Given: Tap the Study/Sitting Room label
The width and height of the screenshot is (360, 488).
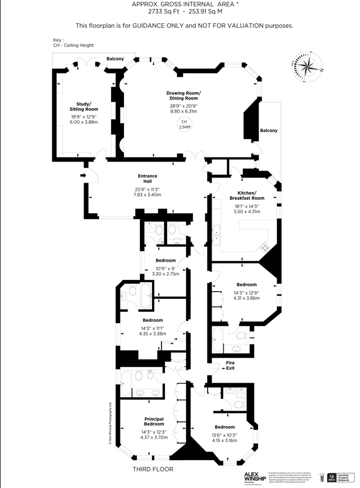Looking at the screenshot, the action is point(84,106).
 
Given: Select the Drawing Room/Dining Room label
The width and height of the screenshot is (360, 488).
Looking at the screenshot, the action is point(183,96).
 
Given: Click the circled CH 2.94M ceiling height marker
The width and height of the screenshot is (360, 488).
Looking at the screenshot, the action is point(184,125).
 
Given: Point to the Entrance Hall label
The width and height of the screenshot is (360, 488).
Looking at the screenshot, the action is point(147,179).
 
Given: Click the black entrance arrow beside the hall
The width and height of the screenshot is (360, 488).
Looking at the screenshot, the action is point(83,176).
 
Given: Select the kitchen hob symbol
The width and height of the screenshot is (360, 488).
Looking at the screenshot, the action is point(265,247).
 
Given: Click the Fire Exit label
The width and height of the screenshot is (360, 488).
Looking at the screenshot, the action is point(230,365).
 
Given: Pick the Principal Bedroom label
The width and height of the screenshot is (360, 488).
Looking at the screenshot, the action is point(154,421).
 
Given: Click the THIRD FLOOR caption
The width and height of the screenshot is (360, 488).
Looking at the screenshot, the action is point(153,469).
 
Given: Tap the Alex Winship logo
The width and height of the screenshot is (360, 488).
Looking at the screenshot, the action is point(255,475).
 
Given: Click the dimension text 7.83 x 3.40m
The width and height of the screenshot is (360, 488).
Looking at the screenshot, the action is point(147,195).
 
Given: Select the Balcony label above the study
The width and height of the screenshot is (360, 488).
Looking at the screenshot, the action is point(115,59).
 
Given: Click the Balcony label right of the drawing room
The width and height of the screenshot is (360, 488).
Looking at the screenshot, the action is point(268,131).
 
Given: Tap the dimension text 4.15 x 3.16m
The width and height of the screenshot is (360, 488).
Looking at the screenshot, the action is point(225,439).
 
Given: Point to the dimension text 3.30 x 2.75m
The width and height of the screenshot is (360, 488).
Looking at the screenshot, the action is point(165,274).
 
